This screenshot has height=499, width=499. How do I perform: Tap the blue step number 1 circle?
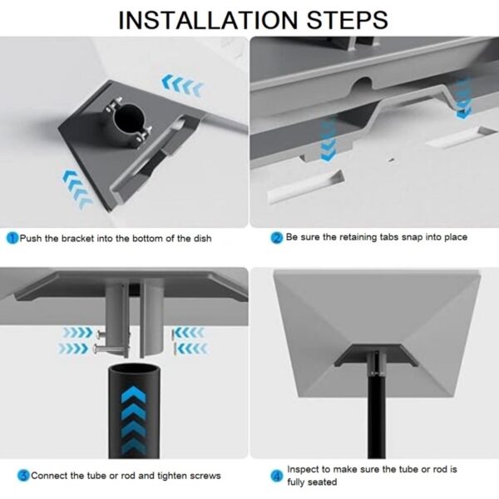(x=12, y=238)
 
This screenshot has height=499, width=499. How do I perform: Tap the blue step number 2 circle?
(x=278, y=238)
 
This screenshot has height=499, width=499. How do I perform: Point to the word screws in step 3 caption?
(x=206, y=476)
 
